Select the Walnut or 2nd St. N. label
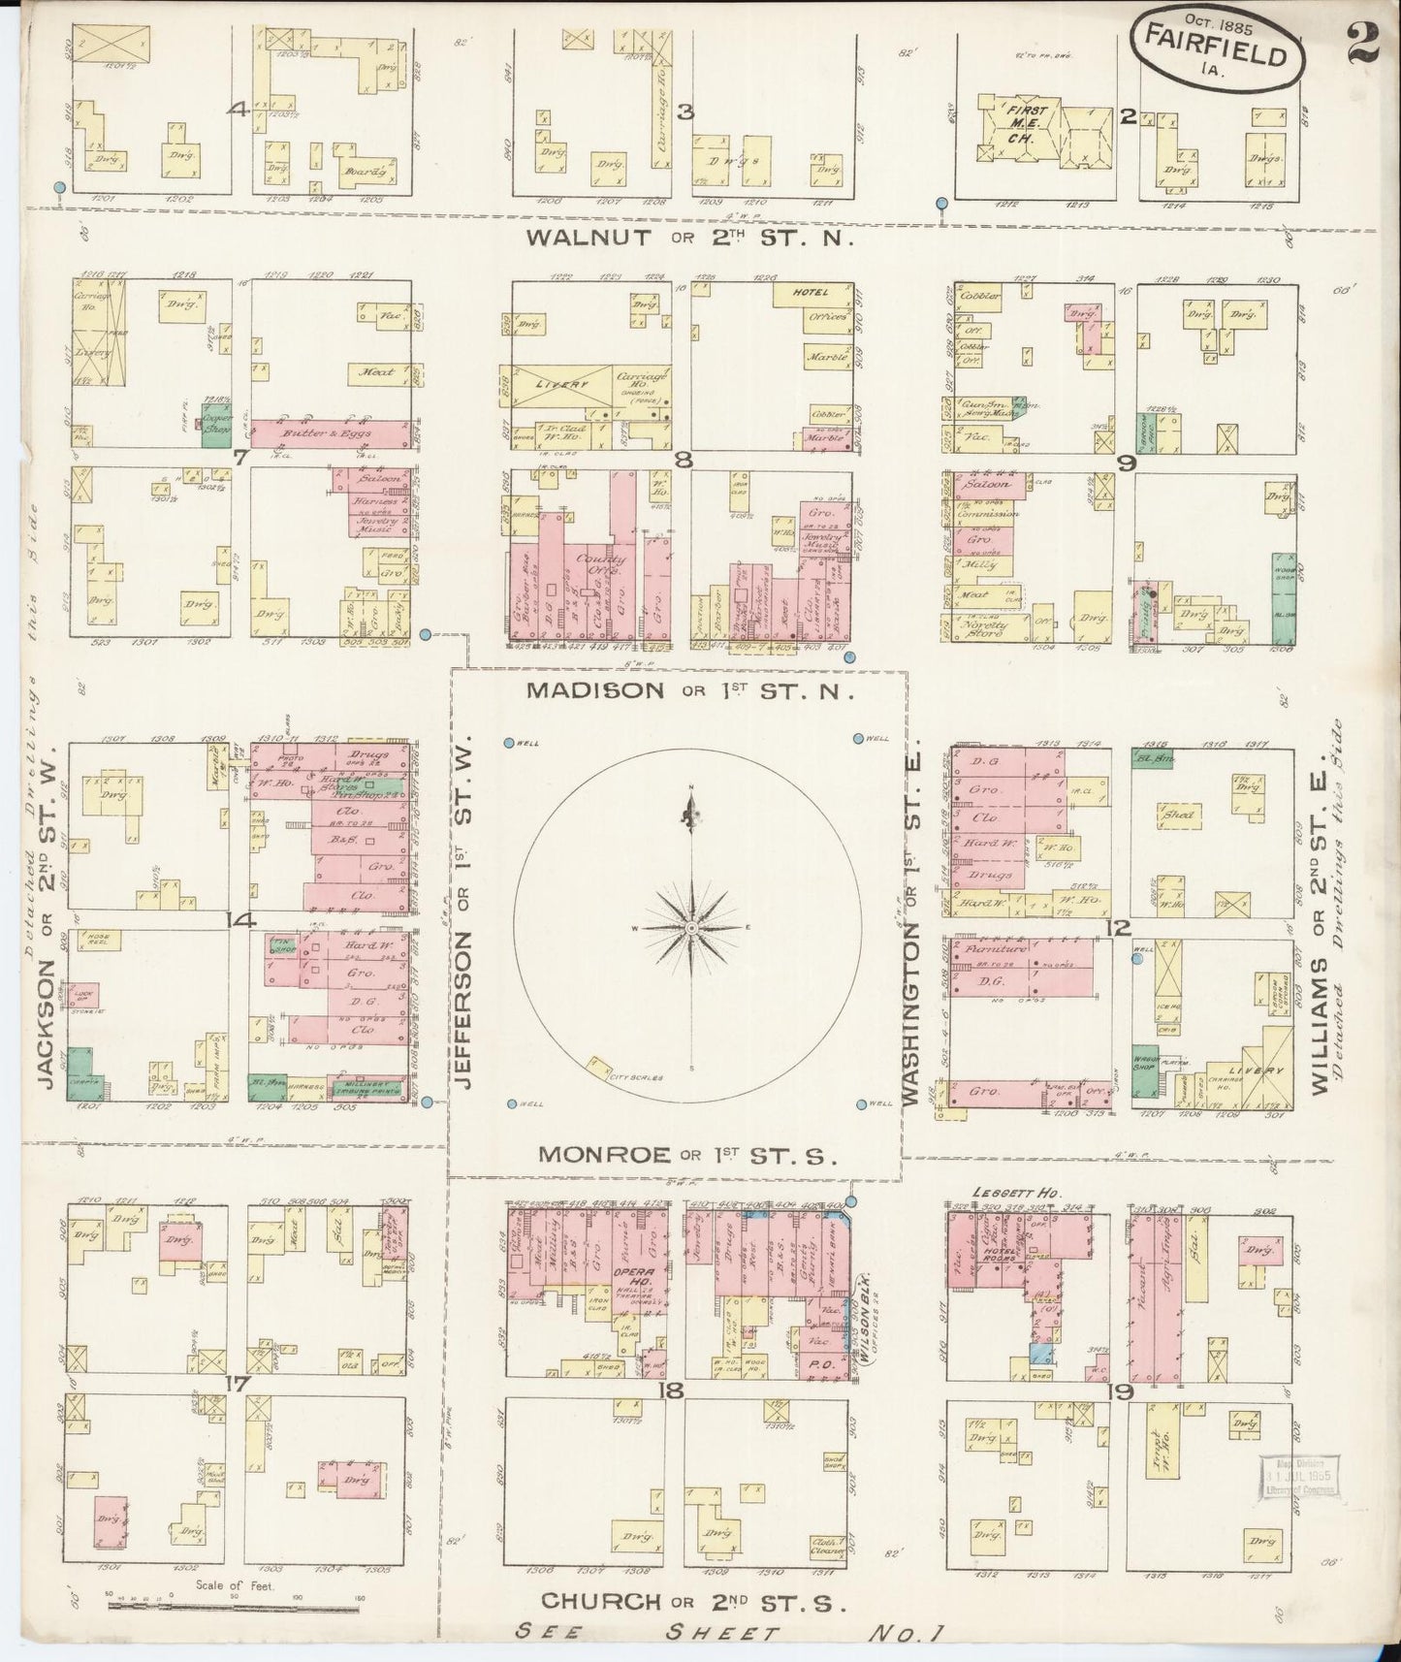(688, 239)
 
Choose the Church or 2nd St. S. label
(694, 1602)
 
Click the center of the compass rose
(690, 929)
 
